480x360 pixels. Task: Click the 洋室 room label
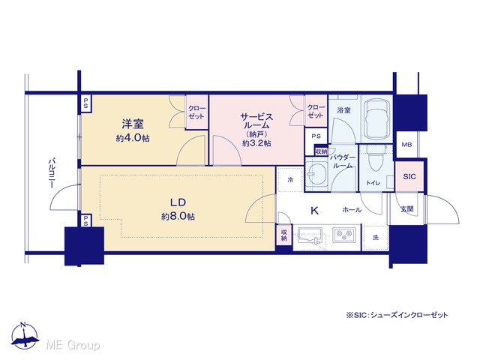point(133,124)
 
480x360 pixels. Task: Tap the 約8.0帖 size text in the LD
point(178,217)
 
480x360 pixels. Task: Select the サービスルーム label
point(256,121)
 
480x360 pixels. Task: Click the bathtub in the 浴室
point(376,119)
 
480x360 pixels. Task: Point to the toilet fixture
point(375,158)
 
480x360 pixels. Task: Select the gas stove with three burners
point(343,235)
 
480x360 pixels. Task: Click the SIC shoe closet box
point(409,177)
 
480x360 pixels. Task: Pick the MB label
point(406,145)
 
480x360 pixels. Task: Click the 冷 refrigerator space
point(290,180)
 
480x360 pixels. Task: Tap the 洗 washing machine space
point(376,238)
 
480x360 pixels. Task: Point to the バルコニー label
point(52,173)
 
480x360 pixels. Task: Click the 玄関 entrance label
point(407,208)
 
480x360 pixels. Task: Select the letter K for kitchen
point(314,210)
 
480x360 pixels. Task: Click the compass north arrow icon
point(25,336)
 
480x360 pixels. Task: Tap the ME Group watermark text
point(73,346)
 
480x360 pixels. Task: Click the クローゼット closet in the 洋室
point(196,112)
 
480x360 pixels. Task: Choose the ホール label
point(352,210)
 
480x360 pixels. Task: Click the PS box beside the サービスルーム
point(316,136)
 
